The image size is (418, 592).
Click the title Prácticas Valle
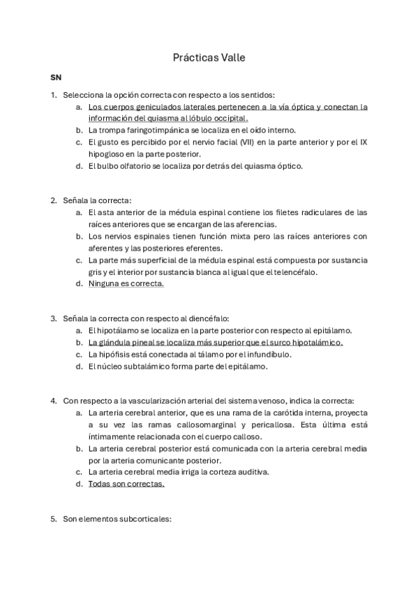(x=209, y=59)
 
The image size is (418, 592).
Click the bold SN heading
(x=55, y=77)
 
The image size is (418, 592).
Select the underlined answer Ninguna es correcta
(x=126, y=283)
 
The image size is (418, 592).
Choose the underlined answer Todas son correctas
(x=126, y=484)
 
